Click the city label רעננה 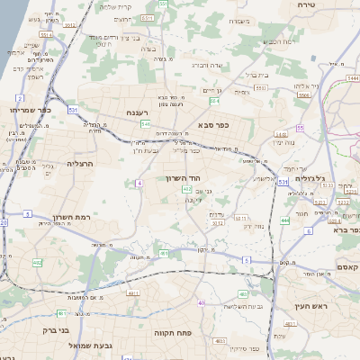[x=138, y=113]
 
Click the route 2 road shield [x=20, y=97]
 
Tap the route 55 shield [x=301, y=128]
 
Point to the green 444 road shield [x=285, y=220]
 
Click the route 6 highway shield [x=308, y=231]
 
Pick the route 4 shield [x=139, y=183]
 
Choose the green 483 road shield [x=243, y=293]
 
